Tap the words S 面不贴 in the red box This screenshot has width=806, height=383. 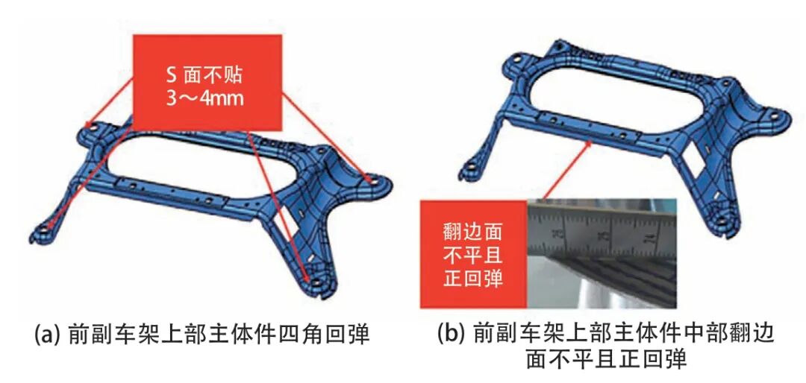click(207, 75)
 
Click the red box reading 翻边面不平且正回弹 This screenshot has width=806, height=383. click(474, 253)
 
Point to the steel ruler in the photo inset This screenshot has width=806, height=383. click(602, 228)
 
